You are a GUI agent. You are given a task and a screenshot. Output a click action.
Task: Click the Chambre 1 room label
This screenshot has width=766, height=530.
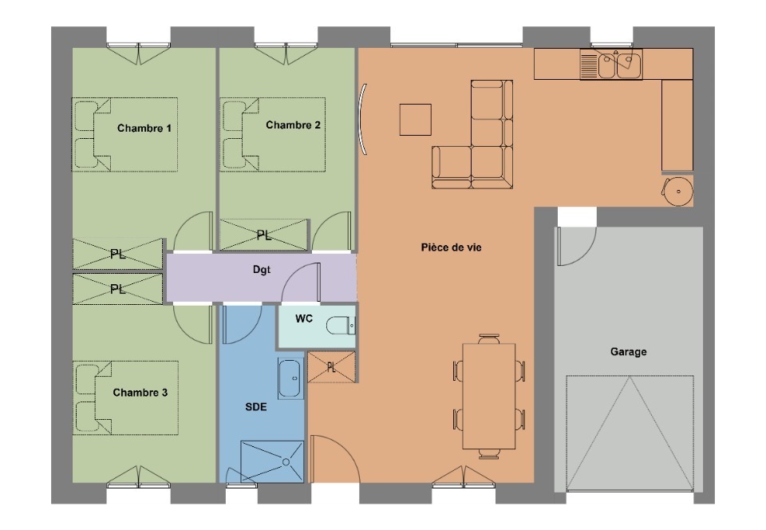[144, 129]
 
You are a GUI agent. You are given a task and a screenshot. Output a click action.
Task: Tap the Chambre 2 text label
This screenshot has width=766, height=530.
[293, 125]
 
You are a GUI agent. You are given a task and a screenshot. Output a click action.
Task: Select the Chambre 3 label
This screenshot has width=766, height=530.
[140, 393]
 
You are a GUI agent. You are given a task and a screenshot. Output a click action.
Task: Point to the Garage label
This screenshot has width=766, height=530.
[628, 352]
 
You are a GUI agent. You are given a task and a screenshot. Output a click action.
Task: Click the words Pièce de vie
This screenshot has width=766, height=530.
[452, 247]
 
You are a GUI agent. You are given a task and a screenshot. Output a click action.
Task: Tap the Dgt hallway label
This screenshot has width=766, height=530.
[262, 270]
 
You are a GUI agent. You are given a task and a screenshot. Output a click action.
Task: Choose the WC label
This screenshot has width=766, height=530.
[304, 319]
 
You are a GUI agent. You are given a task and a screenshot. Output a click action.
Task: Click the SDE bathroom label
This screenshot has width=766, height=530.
[256, 407]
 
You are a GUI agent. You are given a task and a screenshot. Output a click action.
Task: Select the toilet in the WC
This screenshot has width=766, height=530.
[341, 325]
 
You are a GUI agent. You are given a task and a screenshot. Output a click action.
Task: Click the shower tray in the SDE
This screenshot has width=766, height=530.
[272, 461]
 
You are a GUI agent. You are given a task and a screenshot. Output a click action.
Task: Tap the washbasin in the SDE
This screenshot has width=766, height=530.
[290, 378]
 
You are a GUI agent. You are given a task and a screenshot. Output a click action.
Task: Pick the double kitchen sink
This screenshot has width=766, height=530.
[611, 64]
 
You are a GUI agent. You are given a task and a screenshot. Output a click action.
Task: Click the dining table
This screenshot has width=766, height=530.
[489, 396]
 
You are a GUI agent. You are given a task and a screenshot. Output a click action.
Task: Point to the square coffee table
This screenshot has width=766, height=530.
[415, 120]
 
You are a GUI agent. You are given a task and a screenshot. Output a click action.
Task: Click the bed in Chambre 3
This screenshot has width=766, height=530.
[125, 398]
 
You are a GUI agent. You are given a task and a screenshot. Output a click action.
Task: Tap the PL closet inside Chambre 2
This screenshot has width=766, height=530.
[264, 235]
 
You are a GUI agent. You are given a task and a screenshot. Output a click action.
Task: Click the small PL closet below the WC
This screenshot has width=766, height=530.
[332, 367]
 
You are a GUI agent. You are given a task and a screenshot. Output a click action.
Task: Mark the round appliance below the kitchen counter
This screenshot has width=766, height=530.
[678, 191]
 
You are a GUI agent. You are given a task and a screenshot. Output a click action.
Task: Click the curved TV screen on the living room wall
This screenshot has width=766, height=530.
[363, 120]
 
